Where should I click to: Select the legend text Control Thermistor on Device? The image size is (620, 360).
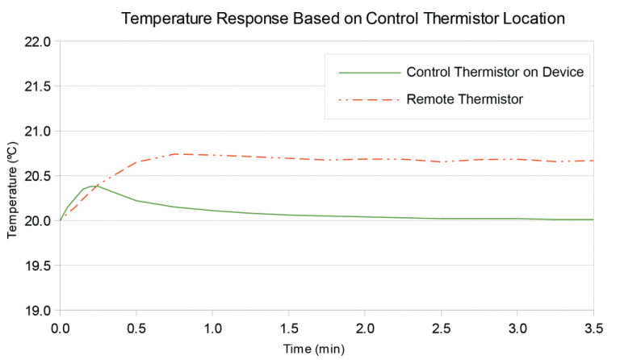(495, 72)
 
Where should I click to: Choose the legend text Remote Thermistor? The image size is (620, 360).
(465, 99)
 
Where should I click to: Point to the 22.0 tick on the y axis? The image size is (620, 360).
(37, 42)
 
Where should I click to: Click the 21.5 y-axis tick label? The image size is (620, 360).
(37, 86)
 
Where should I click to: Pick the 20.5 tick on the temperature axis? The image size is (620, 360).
(37, 176)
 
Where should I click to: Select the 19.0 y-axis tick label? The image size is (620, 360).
(37, 311)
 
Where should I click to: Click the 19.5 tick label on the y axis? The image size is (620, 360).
(37, 266)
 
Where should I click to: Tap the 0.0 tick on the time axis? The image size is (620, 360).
(60, 329)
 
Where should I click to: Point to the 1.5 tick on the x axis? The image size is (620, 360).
(288, 329)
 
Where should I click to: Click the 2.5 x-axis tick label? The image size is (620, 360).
(441, 329)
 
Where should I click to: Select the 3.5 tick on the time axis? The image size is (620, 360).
(593, 329)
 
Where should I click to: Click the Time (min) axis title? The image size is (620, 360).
(326, 349)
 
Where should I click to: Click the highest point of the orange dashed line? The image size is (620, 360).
(174, 153)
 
